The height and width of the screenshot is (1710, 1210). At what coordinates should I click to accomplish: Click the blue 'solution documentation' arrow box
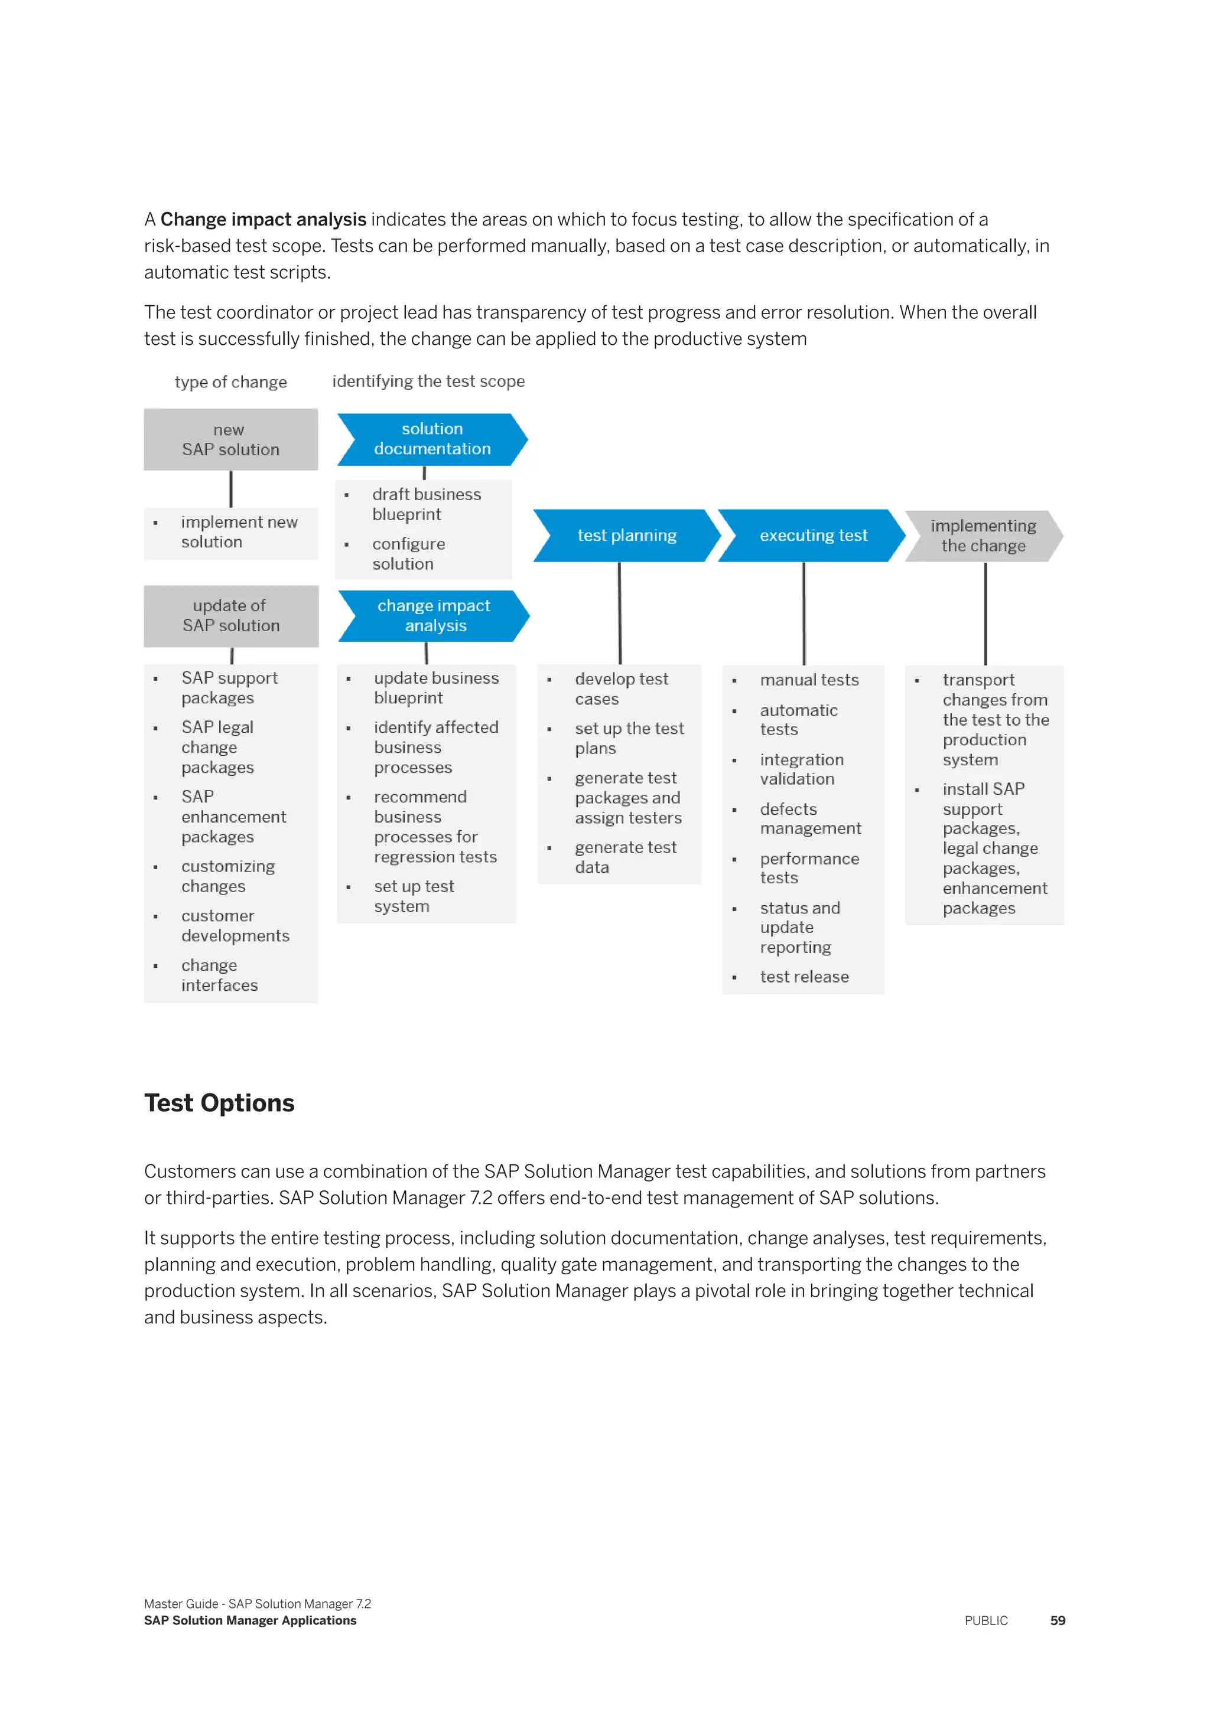tap(432, 439)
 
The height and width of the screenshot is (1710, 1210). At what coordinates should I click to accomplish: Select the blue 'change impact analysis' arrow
tap(434, 616)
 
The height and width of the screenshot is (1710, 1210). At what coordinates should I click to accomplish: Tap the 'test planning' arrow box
tap(627, 536)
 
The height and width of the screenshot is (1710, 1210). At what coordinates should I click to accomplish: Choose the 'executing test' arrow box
tap(813, 536)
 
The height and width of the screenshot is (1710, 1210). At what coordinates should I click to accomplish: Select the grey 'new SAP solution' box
tap(231, 439)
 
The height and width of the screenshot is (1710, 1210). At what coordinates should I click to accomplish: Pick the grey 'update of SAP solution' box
tap(231, 616)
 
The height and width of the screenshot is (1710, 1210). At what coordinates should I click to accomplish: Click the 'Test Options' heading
tap(219, 1103)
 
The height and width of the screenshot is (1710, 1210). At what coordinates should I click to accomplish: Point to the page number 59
tap(1057, 1621)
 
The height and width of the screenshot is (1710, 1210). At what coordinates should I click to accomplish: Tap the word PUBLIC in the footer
tap(985, 1621)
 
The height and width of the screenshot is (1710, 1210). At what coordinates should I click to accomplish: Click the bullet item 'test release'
tap(804, 977)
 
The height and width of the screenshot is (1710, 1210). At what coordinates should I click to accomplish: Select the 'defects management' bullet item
tap(810, 818)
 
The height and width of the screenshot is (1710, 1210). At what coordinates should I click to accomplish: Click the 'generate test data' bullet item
tap(625, 857)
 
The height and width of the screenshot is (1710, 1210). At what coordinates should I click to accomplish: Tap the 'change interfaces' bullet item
tap(219, 975)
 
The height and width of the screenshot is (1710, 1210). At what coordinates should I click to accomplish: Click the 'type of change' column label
tap(230, 382)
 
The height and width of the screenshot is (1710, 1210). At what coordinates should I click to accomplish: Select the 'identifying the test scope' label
tap(428, 381)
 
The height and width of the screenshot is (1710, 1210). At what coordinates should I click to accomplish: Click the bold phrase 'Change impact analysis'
tap(263, 220)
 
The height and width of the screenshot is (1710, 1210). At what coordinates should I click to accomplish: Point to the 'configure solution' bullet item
tap(408, 554)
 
